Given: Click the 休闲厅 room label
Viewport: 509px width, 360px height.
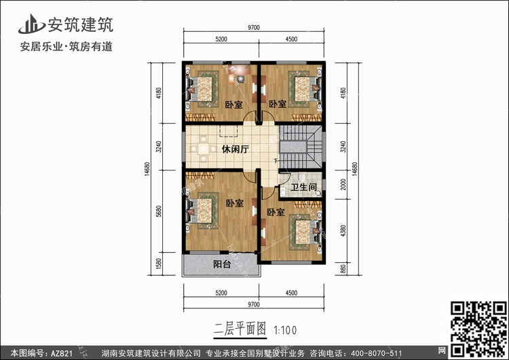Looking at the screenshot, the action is [235, 149].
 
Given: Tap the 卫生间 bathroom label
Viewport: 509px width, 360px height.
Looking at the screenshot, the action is [304, 187].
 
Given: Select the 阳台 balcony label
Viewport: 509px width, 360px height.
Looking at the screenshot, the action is [222, 264].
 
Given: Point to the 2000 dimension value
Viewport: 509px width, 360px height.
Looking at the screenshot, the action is [343, 185].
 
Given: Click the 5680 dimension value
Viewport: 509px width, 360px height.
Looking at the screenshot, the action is [158, 211].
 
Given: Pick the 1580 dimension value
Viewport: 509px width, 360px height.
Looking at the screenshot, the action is [158, 264].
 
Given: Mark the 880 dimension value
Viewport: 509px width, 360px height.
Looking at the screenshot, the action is [343, 269].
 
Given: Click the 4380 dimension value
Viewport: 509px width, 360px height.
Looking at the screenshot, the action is [343, 231].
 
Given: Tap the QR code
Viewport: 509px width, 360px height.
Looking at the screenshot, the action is [478, 329].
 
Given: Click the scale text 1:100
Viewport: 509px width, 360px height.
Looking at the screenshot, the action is [285, 330].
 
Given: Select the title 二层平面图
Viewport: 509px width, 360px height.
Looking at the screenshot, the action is [240, 329].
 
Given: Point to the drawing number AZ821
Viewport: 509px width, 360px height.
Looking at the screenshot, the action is [61, 353].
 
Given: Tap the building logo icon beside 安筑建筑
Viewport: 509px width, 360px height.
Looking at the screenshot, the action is [31, 24].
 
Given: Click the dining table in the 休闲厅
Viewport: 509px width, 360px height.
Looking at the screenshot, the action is [204, 149].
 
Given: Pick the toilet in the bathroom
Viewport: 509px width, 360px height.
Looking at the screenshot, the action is [302, 177].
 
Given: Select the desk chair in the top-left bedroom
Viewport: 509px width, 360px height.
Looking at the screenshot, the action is [240, 79].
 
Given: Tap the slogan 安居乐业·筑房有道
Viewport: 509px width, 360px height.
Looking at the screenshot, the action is [67, 47].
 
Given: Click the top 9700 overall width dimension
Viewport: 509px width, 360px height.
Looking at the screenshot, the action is [254, 28].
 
